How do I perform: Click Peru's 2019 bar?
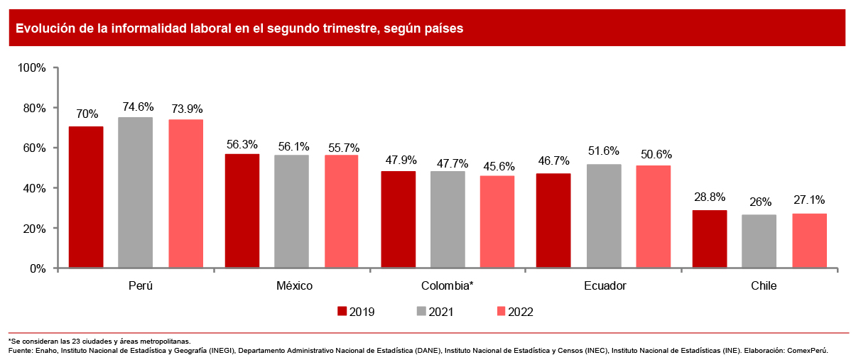coord(86,197)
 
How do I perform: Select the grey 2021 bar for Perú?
coord(135,192)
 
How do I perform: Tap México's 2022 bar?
coord(342,212)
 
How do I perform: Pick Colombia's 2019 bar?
coord(399,219)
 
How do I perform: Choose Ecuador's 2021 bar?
coord(604,216)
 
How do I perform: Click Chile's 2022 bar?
coord(809,241)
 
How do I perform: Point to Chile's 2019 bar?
coord(710,239)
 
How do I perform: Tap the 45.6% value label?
coord(497,166)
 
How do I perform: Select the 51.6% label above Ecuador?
coord(604,151)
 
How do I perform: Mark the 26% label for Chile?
coord(759,202)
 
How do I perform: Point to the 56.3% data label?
coord(243,144)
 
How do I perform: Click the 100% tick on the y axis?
coord(31,68)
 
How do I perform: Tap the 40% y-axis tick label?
coord(34,188)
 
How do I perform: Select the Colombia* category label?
coord(448,286)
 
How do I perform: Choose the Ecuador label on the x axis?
coord(605,286)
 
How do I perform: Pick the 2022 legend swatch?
coord(501,311)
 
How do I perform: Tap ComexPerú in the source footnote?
coord(806,351)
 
